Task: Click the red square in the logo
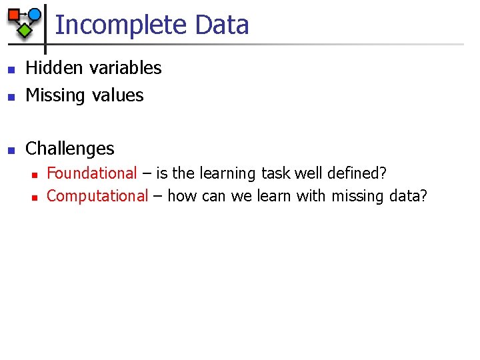13,14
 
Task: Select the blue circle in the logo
34,14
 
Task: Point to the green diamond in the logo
24,29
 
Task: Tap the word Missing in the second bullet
55,95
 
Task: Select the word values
118,95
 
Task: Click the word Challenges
69,148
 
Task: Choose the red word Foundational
91,173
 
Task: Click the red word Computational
97,196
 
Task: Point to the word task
275,173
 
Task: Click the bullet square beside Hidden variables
10,69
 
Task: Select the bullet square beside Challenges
10,149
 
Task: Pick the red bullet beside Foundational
33,175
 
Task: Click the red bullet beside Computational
33,197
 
